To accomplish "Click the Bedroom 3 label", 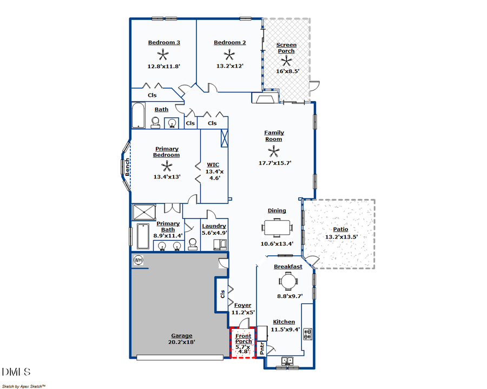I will tap(164, 43).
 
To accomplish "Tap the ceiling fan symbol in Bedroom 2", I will tap(229, 55).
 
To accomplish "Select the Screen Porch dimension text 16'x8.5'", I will tap(286, 71).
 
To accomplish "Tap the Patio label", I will tap(340, 229).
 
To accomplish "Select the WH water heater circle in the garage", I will tap(138, 260).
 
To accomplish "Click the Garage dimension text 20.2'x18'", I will tap(182, 342).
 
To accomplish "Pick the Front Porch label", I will tap(243, 339).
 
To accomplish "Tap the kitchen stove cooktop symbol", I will tap(307, 334).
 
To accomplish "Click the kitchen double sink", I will tap(287, 360).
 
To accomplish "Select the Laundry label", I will tap(214, 226).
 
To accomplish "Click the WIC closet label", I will tap(213, 164).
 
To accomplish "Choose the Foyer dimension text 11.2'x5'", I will tap(243, 312).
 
